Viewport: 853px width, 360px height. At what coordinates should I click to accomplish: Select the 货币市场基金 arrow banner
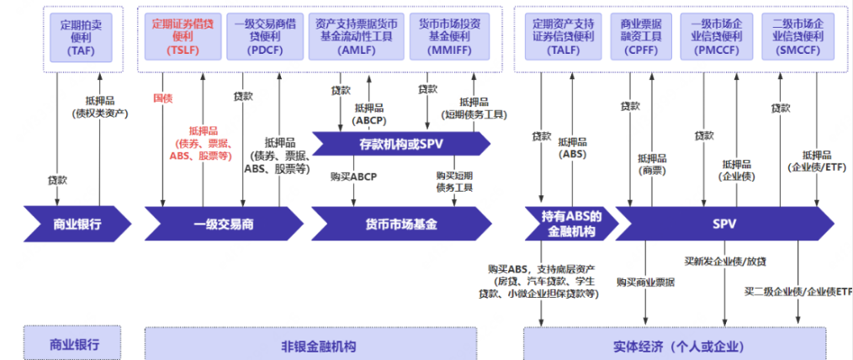[400, 225]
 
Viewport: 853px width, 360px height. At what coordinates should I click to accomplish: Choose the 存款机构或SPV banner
[400, 144]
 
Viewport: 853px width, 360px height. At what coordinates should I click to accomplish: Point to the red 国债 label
[163, 98]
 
